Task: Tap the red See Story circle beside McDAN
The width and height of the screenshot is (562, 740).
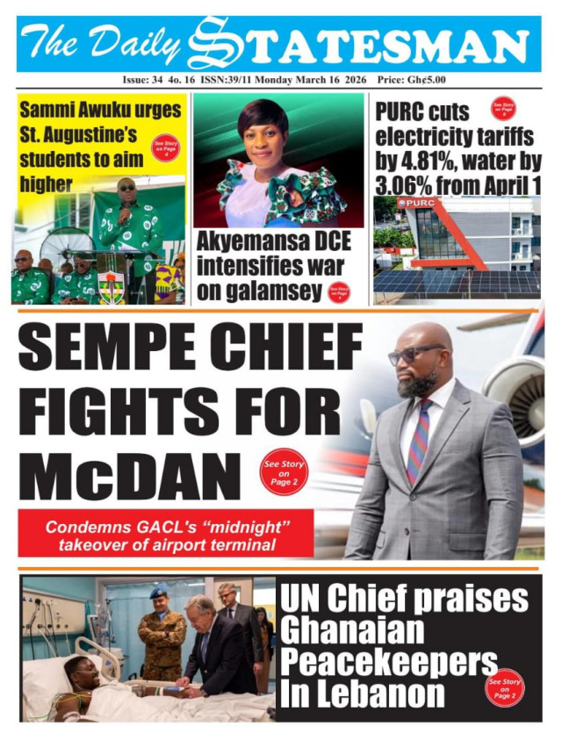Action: pyautogui.click(x=284, y=472)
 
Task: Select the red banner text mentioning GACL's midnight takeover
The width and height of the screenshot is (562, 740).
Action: pyautogui.click(x=167, y=537)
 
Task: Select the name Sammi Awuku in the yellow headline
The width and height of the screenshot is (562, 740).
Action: pyautogui.click(x=100, y=111)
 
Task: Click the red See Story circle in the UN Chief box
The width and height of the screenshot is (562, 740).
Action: pyautogui.click(x=504, y=687)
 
